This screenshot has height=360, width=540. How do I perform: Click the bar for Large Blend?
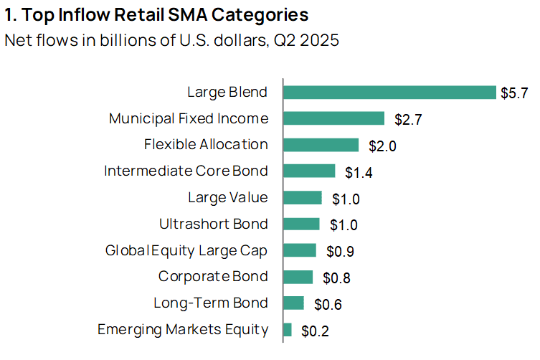click(389, 93)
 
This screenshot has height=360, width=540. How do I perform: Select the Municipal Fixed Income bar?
click(334, 118)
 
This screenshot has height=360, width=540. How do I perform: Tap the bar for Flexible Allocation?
click(321, 145)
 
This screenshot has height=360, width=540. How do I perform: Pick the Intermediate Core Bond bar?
click(309, 171)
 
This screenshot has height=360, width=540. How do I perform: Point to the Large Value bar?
click(303, 197)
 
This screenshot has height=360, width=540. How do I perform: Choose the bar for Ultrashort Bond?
click(301, 224)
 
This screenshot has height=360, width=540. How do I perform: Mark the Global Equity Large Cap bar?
click(300, 250)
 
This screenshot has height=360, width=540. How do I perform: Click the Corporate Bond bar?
click(298, 277)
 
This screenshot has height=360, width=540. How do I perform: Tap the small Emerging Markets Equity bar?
click(288, 330)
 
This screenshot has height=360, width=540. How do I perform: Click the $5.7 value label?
click(514, 93)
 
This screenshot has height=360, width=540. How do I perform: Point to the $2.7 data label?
click(408, 120)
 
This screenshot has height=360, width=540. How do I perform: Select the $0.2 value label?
click(315, 331)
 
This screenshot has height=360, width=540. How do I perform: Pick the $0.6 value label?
click(328, 305)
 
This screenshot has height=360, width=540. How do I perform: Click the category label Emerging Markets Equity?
click(183, 330)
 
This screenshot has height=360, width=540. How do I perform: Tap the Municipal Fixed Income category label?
click(189, 118)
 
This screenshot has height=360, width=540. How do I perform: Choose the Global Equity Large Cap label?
click(186, 250)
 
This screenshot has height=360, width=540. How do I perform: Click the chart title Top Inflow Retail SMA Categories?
click(157, 14)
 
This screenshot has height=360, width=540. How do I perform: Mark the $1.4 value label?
click(359, 172)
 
